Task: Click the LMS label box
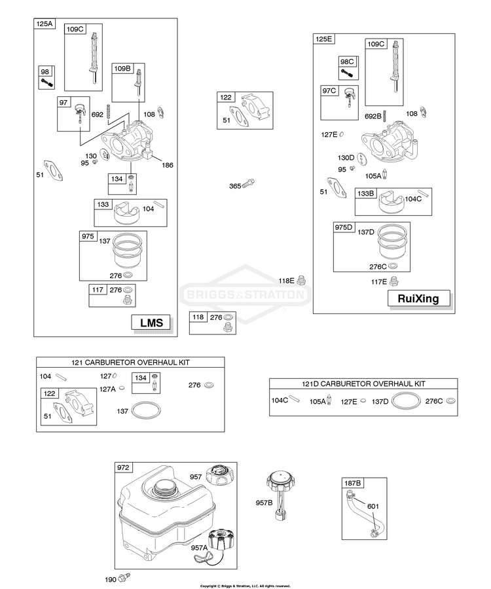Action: click(x=151, y=322)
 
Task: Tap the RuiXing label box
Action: click(x=418, y=298)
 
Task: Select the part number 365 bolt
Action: click(x=249, y=184)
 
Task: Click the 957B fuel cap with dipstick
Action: click(x=281, y=495)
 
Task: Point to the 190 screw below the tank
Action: click(x=124, y=577)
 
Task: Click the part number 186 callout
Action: click(x=167, y=165)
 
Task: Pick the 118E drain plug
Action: click(x=301, y=280)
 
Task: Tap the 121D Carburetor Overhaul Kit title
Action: click(x=363, y=384)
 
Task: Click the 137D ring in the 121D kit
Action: click(x=406, y=401)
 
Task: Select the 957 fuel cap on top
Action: click(x=222, y=475)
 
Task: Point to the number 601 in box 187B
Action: click(x=373, y=506)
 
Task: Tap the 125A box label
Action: click(x=45, y=24)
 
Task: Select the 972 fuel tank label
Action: click(x=123, y=467)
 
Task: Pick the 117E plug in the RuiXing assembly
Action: click(x=394, y=281)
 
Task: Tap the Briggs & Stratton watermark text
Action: click(x=245, y=294)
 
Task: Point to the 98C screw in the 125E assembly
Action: click(x=347, y=73)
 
